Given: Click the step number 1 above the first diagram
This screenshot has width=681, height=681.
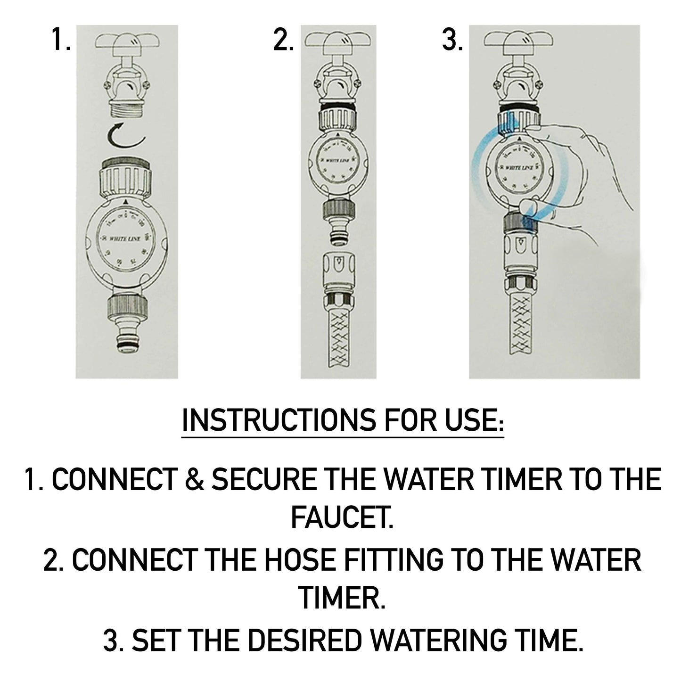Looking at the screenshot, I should click(x=61, y=41).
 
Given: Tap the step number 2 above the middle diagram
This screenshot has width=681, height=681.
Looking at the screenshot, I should click(x=283, y=41).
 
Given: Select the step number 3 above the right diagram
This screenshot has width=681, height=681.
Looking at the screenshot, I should click(x=452, y=41).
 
